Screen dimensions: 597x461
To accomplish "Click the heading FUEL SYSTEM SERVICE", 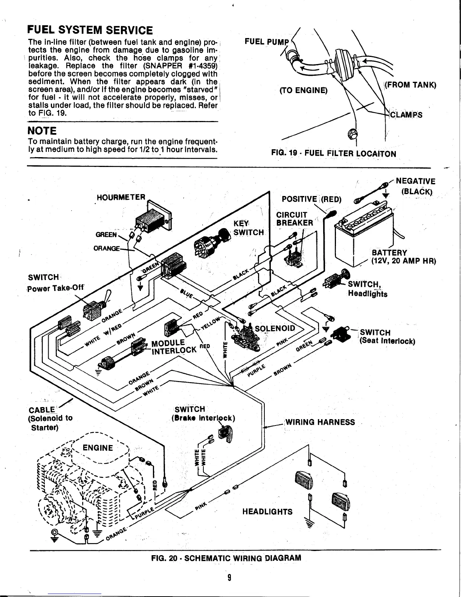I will coord(91,30).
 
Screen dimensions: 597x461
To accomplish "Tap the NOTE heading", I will coord(42,131).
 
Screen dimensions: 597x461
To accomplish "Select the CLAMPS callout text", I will coord(406,115).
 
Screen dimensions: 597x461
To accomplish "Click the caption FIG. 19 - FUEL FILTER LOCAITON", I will coord(334,154).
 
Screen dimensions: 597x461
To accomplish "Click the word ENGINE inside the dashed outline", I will coord(98,448).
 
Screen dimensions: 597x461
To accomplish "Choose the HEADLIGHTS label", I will coord(267,511).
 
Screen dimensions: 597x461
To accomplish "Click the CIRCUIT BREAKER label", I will coord(295,219).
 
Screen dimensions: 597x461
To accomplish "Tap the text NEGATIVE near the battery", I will coord(416,182).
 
